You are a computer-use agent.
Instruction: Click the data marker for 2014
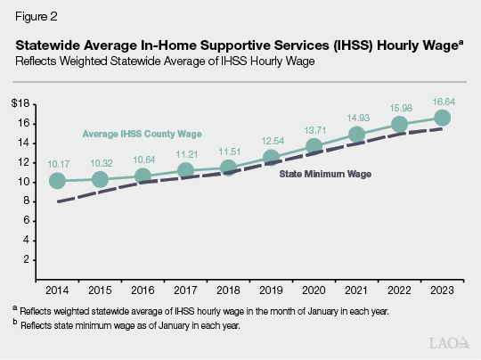[58, 181]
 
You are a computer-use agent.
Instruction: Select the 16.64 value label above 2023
[442, 101]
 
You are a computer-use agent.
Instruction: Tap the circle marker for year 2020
[314, 146]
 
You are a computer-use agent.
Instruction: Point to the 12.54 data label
[271, 141]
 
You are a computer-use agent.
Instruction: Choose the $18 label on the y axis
[34, 104]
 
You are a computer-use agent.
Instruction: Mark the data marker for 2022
[399, 124]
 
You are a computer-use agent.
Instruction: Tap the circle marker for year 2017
[185, 171]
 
